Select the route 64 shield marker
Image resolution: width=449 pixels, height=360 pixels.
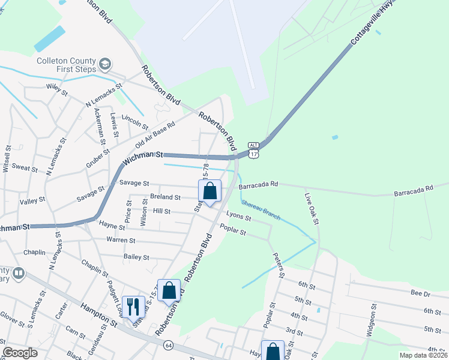coord(167,345)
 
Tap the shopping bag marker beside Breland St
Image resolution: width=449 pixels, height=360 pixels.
coord(210,191)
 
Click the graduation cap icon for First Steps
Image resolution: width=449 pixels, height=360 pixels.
coord(106,64)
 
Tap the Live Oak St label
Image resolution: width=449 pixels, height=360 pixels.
coord(312,209)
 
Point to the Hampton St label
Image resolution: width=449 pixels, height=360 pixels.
coord(100,313)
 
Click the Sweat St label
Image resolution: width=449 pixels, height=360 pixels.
coord(25,169)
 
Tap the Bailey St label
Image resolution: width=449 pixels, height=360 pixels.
coord(136,257)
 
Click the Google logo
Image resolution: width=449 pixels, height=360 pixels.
coord(20,353)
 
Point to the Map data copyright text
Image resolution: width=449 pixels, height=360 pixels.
coord(423,355)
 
